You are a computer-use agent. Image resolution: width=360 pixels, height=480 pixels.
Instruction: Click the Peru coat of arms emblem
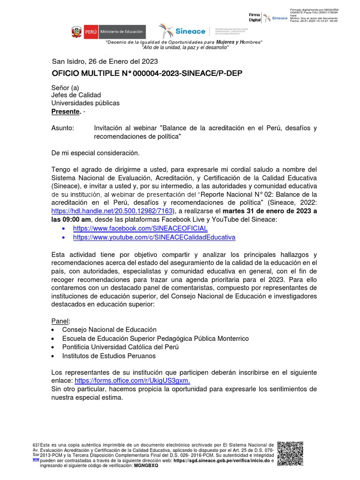(76, 32)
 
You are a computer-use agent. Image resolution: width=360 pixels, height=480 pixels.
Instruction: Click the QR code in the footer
(291, 453)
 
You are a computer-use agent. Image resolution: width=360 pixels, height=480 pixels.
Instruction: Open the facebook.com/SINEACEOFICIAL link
(140, 228)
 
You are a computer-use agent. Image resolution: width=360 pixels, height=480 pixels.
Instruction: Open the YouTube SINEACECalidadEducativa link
(154, 238)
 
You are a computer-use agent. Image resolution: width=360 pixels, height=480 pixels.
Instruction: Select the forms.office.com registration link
(132, 381)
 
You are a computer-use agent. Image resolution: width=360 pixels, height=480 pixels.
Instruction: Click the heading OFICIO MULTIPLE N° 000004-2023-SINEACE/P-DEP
(147, 74)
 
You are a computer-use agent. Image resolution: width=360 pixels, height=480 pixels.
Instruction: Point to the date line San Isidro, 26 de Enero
(105, 61)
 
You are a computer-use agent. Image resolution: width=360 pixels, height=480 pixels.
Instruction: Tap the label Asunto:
(62, 128)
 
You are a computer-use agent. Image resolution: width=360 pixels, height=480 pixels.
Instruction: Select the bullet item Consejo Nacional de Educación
(109, 330)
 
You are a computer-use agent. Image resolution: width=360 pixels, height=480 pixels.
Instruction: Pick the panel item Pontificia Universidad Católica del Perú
(120, 347)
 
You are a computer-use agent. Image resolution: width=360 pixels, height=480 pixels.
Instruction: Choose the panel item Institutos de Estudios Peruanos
(109, 356)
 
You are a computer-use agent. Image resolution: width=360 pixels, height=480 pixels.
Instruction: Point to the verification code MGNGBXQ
(146, 467)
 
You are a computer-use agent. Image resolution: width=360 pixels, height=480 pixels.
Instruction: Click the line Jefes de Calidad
(76, 95)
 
